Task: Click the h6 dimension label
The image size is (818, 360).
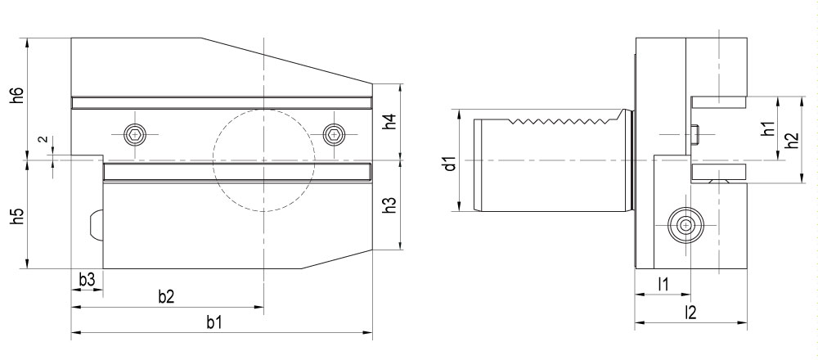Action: (18, 96)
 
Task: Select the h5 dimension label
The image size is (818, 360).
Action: (18, 217)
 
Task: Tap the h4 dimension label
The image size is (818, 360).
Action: (390, 122)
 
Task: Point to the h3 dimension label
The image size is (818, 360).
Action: (390, 205)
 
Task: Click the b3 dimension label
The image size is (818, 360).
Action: (88, 280)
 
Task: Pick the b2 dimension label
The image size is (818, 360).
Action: (166, 297)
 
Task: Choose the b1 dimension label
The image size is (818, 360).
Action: (213, 323)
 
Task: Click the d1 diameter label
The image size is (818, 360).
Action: (450, 164)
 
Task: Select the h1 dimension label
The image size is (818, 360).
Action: (767, 128)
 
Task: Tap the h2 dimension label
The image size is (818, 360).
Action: (793, 140)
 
